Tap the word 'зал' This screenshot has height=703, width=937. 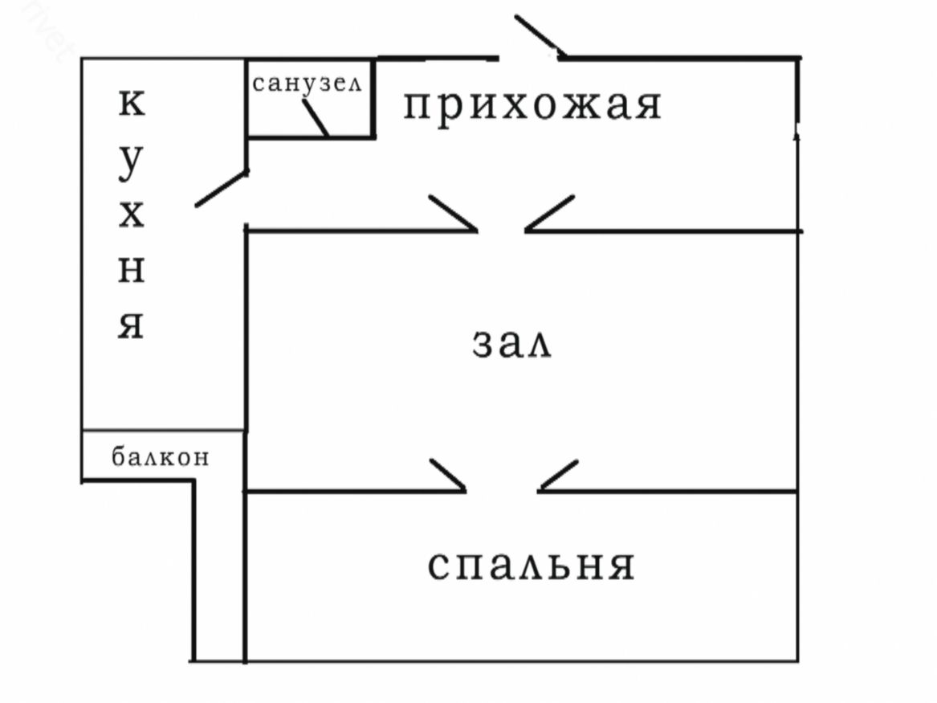(511, 345)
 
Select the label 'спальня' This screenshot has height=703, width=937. (531, 565)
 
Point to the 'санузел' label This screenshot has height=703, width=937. (308, 83)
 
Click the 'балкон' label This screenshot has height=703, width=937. (161, 457)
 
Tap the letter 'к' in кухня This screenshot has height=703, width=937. (132, 104)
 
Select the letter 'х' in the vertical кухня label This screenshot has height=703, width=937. (132, 215)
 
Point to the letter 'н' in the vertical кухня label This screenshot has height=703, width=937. (132, 272)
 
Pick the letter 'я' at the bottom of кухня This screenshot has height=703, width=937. (132, 325)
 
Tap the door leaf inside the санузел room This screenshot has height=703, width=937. (316, 119)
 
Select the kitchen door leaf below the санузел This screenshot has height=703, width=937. (221, 189)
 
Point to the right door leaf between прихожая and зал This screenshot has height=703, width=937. (550, 213)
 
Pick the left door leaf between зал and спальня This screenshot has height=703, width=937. (448, 475)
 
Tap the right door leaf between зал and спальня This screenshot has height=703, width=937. (559, 475)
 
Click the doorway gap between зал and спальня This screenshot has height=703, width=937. (503, 490)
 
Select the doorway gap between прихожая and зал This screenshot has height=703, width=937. (502, 231)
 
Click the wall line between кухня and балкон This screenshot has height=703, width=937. (163, 431)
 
